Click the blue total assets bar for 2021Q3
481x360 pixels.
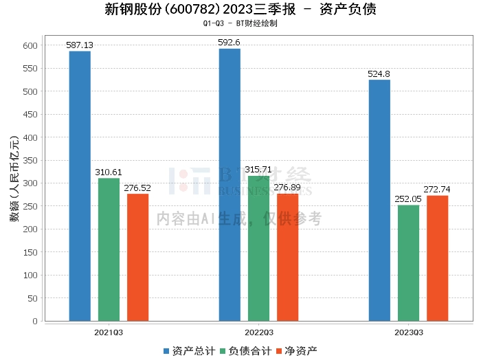click(x=80, y=186)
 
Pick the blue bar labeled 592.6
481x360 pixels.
click(x=230, y=185)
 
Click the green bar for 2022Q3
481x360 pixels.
click(x=258, y=249)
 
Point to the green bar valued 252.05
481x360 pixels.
click(x=408, y=263)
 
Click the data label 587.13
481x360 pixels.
click(x=80, y=45)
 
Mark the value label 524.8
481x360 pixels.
click(x=379, y=74)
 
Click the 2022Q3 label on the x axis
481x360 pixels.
click(x=258, y=332)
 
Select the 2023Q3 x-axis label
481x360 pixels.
click(x=408, y=332)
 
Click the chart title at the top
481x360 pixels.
click(x=240, y=10)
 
